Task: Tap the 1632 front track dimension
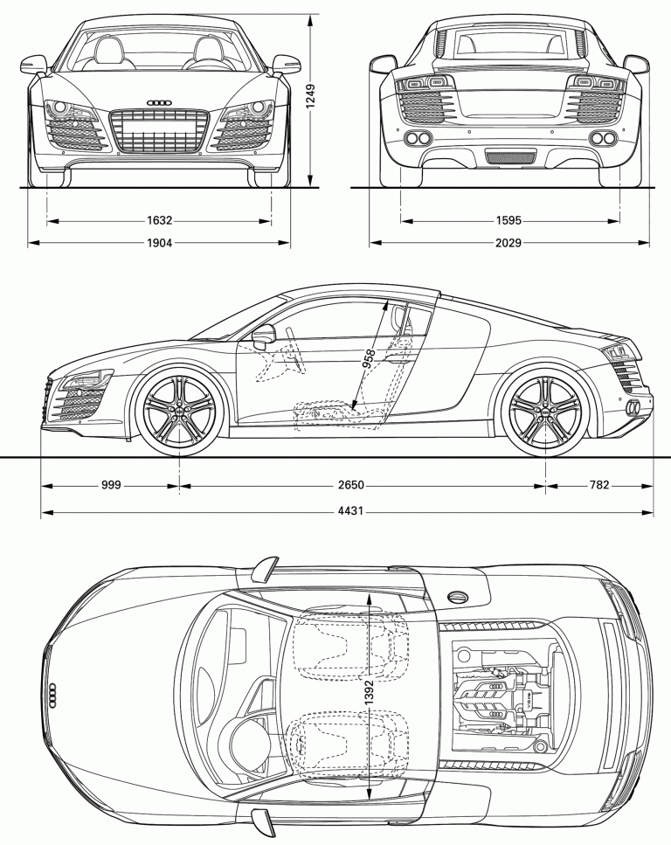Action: (x=159, y=221)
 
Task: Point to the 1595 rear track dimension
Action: (x=510, y=221)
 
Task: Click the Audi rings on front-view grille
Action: (x=159, y=103)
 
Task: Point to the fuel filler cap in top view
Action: (x=456, y=596)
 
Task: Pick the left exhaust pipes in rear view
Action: (x=419, y=138)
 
